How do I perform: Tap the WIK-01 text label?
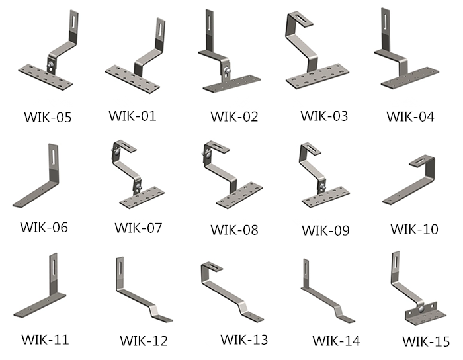(132, 116)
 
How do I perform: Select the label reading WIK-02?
(234, 117)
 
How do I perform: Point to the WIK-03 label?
(324, 116)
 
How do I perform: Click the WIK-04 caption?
(410, 117)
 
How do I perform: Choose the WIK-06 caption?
(44, 227)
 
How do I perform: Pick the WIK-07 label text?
(138, 228)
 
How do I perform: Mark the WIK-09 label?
(325, 230)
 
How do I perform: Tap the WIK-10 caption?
(414, 230)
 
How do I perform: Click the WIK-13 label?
(244, 339)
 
